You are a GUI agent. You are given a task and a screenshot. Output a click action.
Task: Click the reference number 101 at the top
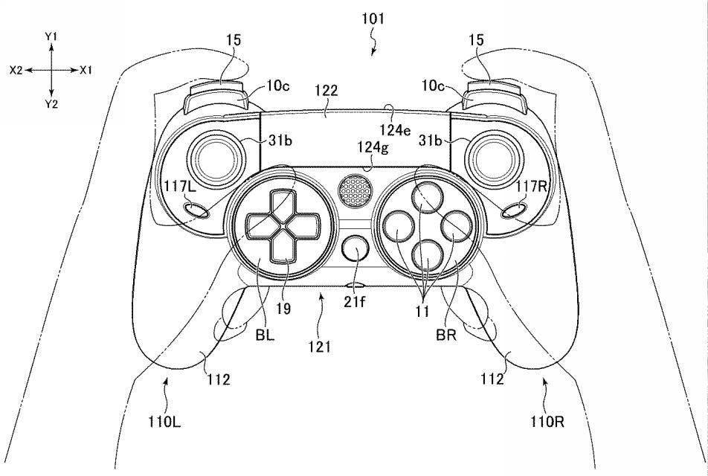[373, 19]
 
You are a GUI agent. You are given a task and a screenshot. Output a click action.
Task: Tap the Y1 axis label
[51, 36]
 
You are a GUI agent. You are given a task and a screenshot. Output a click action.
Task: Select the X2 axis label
[16, 71]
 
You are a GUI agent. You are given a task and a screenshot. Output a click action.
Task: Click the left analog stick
[216, 159]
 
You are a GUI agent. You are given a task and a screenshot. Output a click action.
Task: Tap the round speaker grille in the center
[355, 191]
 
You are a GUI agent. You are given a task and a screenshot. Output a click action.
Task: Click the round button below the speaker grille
[355, 248]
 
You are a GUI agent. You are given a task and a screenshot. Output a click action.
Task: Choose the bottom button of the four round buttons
[427, 255]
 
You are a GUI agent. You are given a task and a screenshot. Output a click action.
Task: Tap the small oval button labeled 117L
[196, 210]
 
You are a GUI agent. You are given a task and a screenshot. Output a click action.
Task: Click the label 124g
[373, 147]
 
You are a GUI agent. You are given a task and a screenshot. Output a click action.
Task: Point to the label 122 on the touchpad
[326, 90]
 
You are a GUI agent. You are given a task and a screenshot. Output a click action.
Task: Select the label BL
[265, 335]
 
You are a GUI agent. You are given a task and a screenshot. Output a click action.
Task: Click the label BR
[446, 335]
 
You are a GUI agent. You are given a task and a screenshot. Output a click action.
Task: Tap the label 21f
[355, 301]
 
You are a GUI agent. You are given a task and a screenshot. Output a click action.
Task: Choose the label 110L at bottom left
[164, 422]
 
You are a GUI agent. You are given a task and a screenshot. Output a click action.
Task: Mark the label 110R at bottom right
[547, 422]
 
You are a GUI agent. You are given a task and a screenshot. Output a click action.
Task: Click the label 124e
[395, 130]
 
